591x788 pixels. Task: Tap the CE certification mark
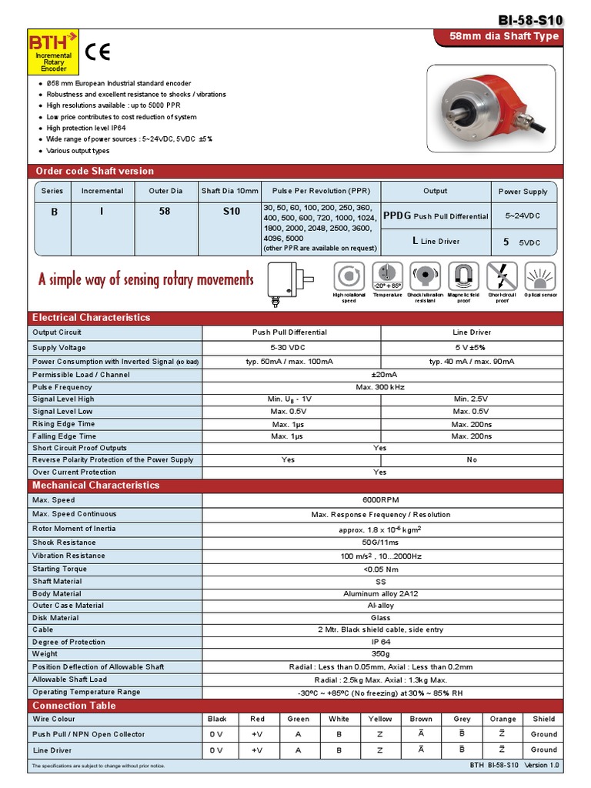[x=98, y=52]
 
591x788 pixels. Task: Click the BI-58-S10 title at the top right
[x=530, y=20]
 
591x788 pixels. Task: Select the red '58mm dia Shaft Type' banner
[x=506, y=37]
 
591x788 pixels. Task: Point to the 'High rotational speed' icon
[x=349, y=276]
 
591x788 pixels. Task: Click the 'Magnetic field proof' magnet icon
[x=463, y=276]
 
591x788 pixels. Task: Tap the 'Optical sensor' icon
[x=540, y=276]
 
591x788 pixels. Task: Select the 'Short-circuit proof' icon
[x=502, y=276]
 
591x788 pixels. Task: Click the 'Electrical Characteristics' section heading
[x=91, y=317]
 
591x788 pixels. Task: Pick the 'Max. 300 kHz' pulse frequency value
[x=380, y=387]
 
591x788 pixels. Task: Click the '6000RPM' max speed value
[x=380, y=500]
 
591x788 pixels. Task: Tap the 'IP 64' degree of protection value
[x=380, y=642]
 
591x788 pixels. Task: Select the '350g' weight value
[x=380, y=654]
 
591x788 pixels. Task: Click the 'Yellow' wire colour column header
[x=379, y=719]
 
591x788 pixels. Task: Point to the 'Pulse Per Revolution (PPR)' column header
[x=321, y=191]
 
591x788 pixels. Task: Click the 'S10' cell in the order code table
[x=231, y=212]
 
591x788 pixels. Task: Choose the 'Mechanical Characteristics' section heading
[x=95, y=485]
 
